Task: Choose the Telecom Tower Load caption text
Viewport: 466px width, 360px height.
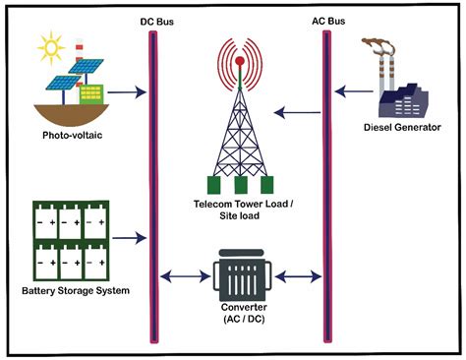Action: point(240,208)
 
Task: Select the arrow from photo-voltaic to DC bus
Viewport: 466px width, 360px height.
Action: point(126,95)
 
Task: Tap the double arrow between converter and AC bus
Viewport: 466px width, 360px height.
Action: point(296,276)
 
